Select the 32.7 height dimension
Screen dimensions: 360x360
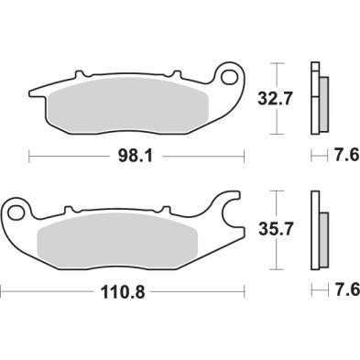click(280, 96)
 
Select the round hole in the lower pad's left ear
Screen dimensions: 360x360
click(16, 212)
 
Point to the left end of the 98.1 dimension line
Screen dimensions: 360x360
click(31, 157)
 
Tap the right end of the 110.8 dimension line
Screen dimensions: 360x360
click(249, 292)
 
